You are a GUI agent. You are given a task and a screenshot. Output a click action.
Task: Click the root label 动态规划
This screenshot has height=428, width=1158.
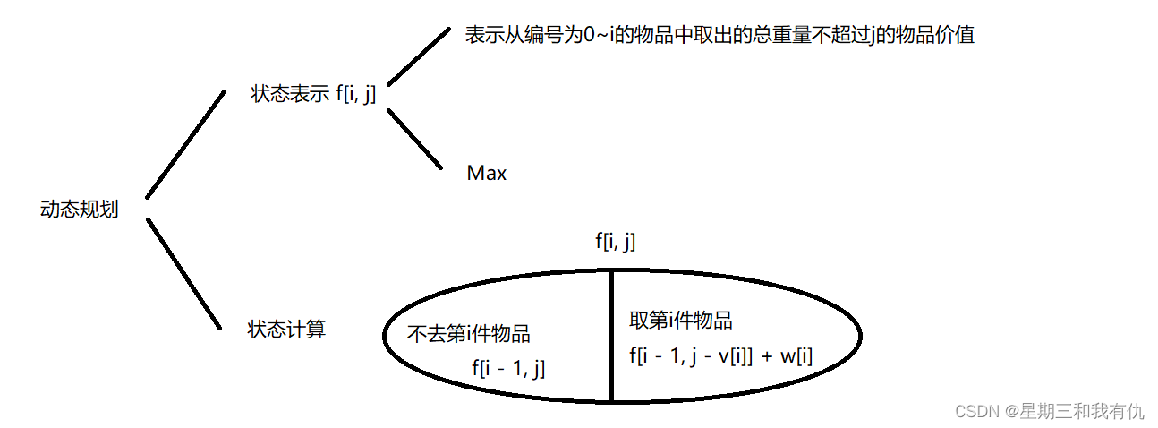(80, 210)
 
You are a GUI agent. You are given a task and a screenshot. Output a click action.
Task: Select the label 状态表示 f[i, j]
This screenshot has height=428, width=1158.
(313, 94)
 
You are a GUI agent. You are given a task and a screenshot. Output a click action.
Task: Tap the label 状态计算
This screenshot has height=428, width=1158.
(286, 330)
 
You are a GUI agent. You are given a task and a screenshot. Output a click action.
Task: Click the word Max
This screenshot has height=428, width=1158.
(487, 174)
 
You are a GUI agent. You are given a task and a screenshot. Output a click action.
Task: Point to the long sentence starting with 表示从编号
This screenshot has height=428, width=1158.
(719, 37)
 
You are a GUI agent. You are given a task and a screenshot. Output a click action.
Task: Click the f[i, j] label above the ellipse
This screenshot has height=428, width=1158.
(616, 242)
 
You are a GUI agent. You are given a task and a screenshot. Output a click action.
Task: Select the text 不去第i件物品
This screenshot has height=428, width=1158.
(469, 334)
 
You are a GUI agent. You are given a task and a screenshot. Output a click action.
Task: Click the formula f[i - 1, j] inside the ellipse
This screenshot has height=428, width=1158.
(508, 367)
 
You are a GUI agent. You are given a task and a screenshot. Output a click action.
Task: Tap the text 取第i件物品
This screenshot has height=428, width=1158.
(681, 321)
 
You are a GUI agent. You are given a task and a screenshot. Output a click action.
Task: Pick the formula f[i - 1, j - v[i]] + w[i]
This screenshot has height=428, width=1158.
(721, 355)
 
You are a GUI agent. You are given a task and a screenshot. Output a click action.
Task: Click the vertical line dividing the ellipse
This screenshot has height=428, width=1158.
(612, 336)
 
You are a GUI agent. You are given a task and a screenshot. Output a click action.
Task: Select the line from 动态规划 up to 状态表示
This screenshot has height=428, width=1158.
(186, 143)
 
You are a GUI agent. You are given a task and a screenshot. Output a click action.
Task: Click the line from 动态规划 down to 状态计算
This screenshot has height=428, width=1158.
(183, 273)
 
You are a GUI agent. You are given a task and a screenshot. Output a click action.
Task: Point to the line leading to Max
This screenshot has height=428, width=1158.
(414, 139)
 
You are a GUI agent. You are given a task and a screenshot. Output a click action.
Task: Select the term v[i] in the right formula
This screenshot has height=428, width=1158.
(729, 355)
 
